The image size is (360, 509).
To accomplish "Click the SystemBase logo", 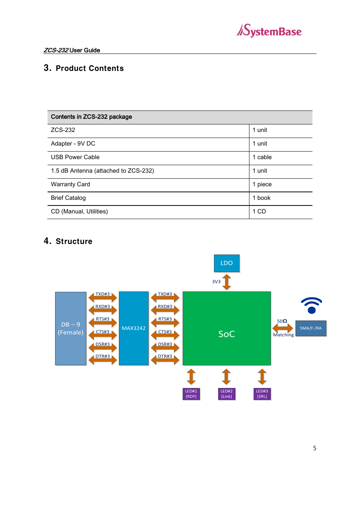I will [269, 31].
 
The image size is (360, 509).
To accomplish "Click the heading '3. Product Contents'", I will [84, 68].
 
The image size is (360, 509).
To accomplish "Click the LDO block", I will [226, 263].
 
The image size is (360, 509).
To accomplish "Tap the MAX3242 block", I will [134, 328].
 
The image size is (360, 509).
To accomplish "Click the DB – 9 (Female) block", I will [71, 328].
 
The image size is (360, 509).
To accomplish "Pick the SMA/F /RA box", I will [311, 328].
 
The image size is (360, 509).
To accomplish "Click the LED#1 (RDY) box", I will [191, 394].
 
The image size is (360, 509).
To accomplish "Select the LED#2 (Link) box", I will [226, 394].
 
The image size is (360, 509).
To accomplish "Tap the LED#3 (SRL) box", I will [262, 394].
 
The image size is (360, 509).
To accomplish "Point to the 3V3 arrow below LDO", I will [226, 282].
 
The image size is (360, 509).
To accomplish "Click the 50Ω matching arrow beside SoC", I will [283, 328].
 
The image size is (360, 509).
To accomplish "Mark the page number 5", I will [315, 448].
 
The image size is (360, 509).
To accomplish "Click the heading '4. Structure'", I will [68, 241].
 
